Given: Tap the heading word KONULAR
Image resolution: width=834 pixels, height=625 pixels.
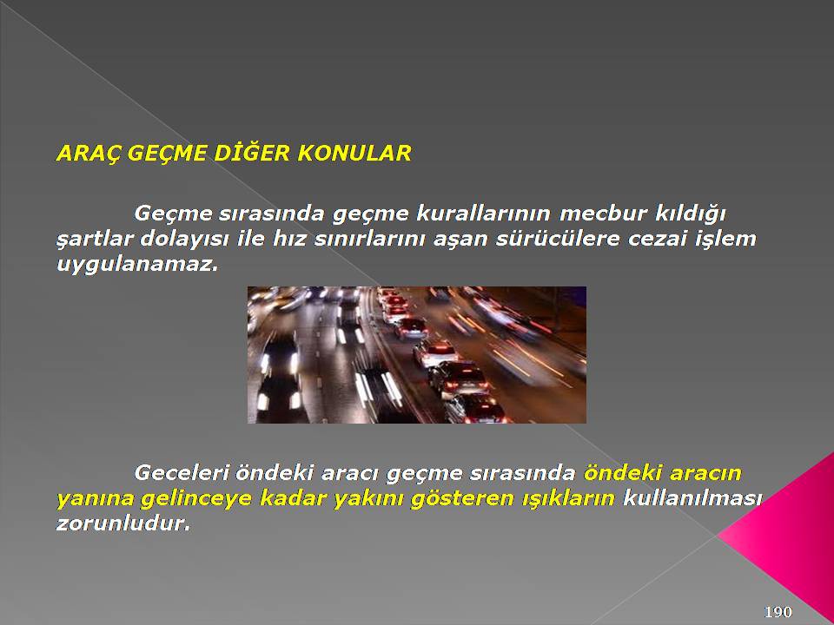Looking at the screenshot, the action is pyautogui.click(x=354, y=153).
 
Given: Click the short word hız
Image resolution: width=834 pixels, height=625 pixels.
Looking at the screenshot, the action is pyautogui.click(x=288, y=239).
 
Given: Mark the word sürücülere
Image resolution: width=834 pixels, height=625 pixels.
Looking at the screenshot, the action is pyautogui.click(x=558, y=239).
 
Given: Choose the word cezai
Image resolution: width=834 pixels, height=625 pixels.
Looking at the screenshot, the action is pyautogui.click(x=657, y=239).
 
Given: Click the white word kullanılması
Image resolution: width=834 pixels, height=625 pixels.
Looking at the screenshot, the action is pyautogui.click(x=692, y=498).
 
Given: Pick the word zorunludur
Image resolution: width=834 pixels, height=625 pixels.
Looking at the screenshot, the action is pyautogui.click(x=123, y=523).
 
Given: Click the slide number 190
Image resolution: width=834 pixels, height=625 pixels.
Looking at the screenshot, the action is pyautogui.click(x=778, y=612).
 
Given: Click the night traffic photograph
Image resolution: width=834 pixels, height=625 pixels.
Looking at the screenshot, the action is pyautogui.click(x=417, y=355).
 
